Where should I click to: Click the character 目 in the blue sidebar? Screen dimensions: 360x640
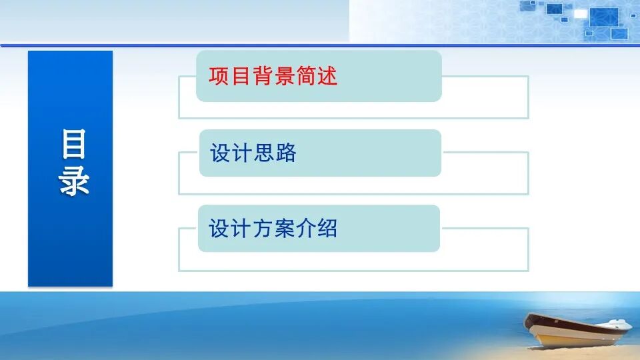[74, 145]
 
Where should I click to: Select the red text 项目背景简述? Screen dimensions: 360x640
[273, 76]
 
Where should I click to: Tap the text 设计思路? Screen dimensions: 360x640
[253, 153]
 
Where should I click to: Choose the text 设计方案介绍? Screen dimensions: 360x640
[273, 229]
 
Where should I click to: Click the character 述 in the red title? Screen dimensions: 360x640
[327, 76]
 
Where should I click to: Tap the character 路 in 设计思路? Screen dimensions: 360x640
[285, 153]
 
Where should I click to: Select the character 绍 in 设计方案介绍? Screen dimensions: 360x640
[327, 229]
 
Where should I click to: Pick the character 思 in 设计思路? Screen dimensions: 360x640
[264, 153]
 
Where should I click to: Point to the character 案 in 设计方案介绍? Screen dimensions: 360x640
[284, 229]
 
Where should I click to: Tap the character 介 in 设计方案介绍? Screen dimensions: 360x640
[306, 229]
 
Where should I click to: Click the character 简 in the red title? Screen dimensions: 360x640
[306, 76]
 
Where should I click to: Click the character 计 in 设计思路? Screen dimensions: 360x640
[242, 153]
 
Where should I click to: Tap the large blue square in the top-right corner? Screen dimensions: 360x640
[604, 17]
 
